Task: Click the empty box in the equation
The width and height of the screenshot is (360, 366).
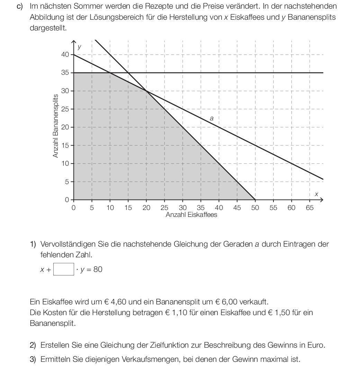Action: (x=64, y=269)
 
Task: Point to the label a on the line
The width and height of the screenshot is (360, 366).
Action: (x=212, y=118)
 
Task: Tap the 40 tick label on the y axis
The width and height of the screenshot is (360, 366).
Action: (x=65, y=55)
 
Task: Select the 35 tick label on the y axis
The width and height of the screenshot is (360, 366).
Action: (x=65, y=73)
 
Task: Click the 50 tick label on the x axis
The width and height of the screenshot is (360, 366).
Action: (x=255, y=208)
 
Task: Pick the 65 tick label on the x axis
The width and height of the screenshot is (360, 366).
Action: (x=309, y=208)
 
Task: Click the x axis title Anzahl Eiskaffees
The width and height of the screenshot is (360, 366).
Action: (x=191, y=215)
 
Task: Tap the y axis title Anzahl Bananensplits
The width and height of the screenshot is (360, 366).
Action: (x=55, y=126)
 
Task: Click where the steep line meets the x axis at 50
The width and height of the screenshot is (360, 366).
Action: (x=255, y=200)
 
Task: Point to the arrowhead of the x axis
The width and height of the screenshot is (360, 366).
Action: (x=322, y=200)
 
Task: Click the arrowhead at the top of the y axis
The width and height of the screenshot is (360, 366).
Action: (x=74, y=42)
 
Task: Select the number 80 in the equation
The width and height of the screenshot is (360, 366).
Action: (x=98, y=269)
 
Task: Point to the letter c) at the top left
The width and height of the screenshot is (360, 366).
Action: (x=20, y=6)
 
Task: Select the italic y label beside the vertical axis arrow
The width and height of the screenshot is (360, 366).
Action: (x=80, y=47)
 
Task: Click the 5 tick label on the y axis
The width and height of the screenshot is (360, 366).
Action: (x=67, y=182)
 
